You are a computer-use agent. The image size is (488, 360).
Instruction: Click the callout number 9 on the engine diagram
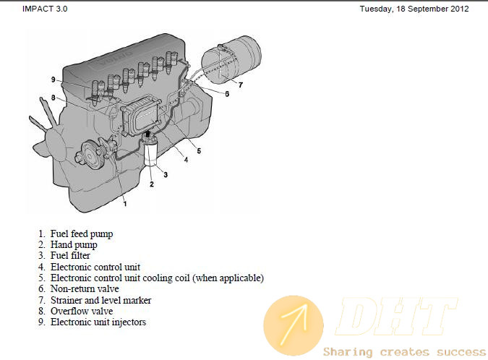tap(53, 80)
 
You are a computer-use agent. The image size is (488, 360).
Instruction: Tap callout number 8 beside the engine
tap(53, 98)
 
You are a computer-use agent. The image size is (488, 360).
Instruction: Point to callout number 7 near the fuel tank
tap(241, 85)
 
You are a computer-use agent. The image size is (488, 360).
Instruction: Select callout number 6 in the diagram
tap(227, 94)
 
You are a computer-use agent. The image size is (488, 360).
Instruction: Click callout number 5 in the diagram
tap(199, 151)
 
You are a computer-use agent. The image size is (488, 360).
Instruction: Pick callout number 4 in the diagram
tap(186, 160)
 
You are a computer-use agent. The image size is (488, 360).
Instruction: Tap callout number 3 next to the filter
tap(166, 175)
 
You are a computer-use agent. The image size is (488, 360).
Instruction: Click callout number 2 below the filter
tap(152, 184)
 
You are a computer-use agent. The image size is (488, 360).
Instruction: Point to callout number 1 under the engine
tap(125, 204)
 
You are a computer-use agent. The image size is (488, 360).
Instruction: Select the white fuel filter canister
tap(150, 152)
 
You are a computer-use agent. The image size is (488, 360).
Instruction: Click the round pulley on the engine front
tap(90, 155)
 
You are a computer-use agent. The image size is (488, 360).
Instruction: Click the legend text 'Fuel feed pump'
tap(82, 233)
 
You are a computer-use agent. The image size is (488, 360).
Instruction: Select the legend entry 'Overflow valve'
tap(82, 311)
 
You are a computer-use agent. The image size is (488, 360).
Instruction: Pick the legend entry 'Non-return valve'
tap(85, 288)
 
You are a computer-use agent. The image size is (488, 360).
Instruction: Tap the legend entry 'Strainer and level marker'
tap(100, 300)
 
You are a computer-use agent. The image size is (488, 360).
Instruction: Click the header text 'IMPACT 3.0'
tap(45, 9)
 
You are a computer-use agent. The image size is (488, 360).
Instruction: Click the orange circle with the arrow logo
tap(294, 325)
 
